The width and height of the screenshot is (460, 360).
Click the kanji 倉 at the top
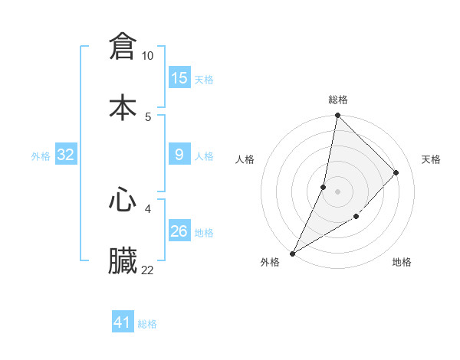pyautogui.click(x=123, y=46)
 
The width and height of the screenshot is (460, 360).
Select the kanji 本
pyautogui.click(x=123, y=107)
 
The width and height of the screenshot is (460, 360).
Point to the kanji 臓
pyautogui.click(x=123, y=260)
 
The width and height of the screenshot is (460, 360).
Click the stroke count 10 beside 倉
pyautogui.click(x=148, y=56)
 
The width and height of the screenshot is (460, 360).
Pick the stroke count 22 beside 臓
pyautogui.click(x=148, y=270)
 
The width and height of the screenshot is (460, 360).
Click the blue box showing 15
pyautogui.click(x=179, y=78)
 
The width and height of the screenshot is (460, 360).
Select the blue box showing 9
pyautogui.click(x=179, y=155)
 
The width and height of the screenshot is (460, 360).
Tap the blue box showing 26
pyautogui.click(x=179, y=231)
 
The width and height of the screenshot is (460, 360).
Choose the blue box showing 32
pyautogui.click(x=66, y=155)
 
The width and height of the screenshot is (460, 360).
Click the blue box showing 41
pyautogui.click(x=123, y=322)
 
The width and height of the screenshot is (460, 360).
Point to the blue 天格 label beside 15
pyautogui.click(x=204, y=79)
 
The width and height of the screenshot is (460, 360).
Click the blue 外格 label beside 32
pyautogui.click(x=41, y=155)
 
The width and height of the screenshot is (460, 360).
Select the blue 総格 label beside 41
pyautogui.click(x=147, y=323)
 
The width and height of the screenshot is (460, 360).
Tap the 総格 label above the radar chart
pyautogui.click(x=338, y=100)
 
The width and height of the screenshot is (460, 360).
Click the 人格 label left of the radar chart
pyautogui.click(x=245, y=159)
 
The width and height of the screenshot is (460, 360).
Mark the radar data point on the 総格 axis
pyautogui.click(x=337, y=115)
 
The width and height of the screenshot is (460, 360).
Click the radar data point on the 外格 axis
pyautogui.click(x=292, y=253)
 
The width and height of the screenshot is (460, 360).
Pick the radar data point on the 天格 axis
pyautogui.click(x=396, y=172)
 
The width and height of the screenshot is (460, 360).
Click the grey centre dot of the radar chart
pyautogui.click(x=337, y=191)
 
